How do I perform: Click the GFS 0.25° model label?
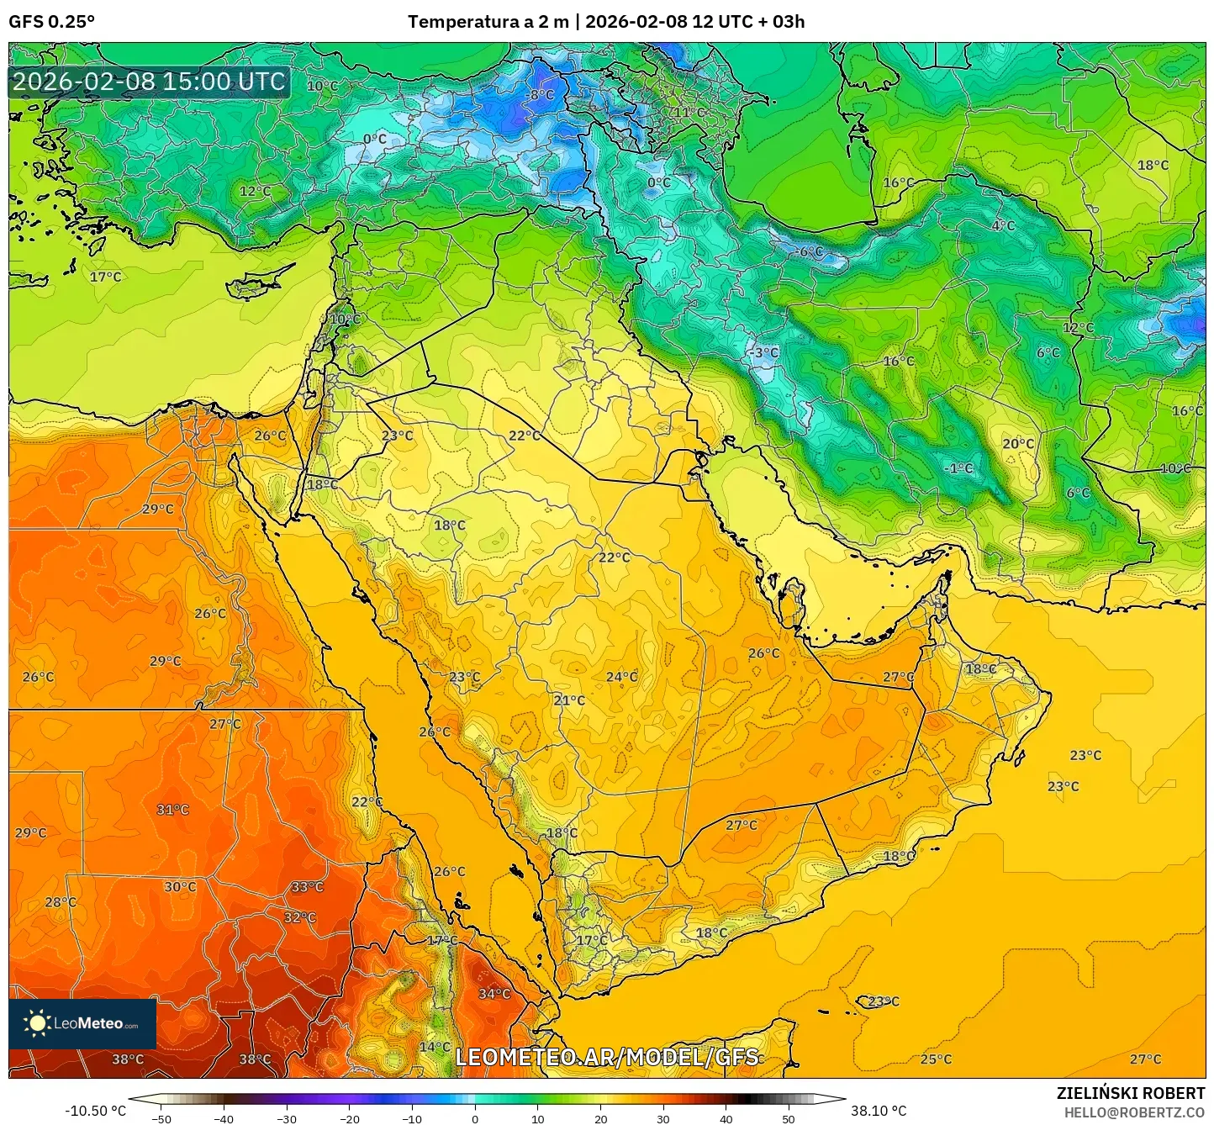pyautogui.click(x=51, y=22)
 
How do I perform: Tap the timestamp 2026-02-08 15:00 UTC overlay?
pyautogui.click(x=149, y=82)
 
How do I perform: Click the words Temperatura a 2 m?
pyautogui.click(x=488, y=22)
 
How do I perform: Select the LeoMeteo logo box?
pyautogui.click(x=82, y=1023)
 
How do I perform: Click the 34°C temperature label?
pyautogui.click(x=494, y=993)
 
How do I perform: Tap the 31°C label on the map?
pyautogui.click(x=172, y=810)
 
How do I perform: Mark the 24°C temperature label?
pyautogui.click(x=621, y=676)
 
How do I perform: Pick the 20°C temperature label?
pyautogui.click(x=1018, y=443)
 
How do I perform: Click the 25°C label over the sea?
pyautogui.click(x=936, y=1059)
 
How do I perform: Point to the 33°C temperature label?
pyautogui.click(x=307, y=887)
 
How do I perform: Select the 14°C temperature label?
pyautogui.click(x=435, y=1047)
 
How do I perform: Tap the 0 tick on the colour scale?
pyautogui.click(x=475, y=1118)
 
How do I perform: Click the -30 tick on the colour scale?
pyautogui.click(x=287, y=1118)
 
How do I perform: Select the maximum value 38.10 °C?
pyautogui.click(x=878, y=1111)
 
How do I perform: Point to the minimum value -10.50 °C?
pyautogui.click(x=95, y=1111)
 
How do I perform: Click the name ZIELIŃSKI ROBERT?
pyautogui.click(x=1130, y=1093)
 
